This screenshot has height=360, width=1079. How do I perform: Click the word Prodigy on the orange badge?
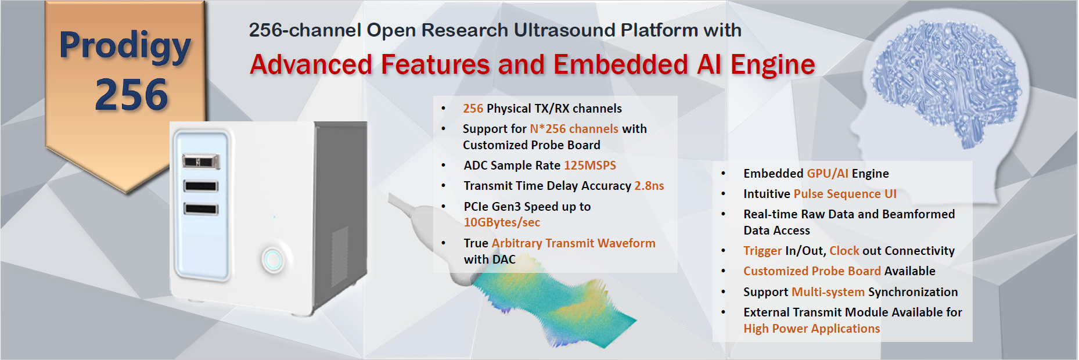[125, 45]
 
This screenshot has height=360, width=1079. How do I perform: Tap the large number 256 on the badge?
[132, 95]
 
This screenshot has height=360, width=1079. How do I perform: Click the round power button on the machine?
[272, 260]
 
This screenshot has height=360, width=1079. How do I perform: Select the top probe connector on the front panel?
[201, 161]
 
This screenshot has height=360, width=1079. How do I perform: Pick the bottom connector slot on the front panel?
[201, 208]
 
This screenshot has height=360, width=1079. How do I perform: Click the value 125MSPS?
[590, 165]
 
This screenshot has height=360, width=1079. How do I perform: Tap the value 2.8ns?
[649, 186]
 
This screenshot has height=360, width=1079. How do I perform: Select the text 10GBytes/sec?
[502, 222]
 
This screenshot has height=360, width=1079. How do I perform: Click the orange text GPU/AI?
[828, 174]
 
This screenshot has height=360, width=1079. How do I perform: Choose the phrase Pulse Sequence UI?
[845, 194]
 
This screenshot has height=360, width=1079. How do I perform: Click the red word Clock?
[844, 251]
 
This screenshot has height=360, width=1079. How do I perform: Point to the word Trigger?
[763, 251]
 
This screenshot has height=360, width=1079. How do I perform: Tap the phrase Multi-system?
[828, 292]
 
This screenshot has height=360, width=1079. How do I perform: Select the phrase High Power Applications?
[812, 329]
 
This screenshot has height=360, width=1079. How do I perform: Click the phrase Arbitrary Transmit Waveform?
[573, 243]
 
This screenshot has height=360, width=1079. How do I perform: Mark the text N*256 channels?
[574, 129]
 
